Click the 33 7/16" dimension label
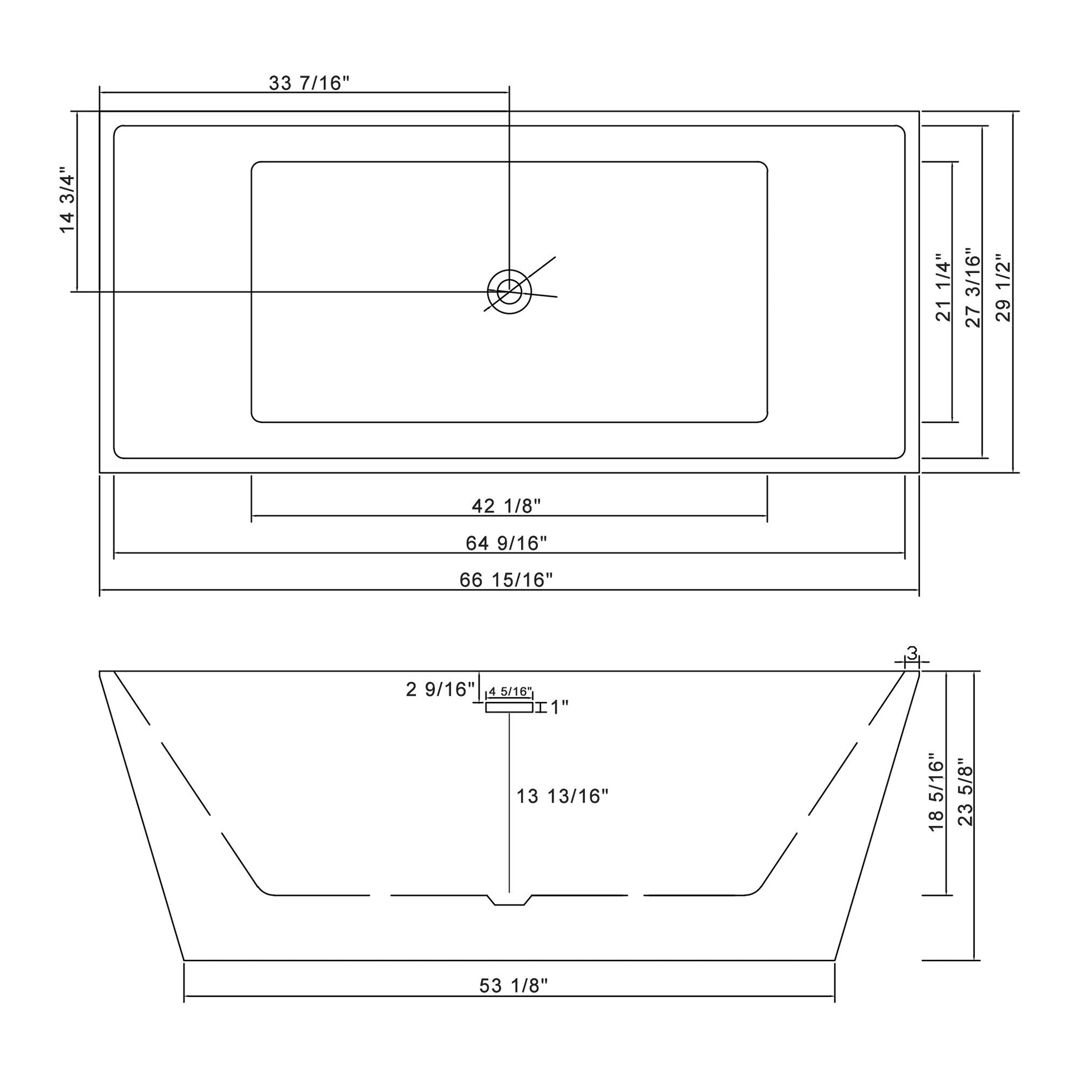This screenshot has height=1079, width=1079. tap(309, 83)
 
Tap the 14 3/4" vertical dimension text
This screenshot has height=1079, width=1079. tap(67, 200)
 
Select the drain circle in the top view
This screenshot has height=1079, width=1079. tap(509, 292)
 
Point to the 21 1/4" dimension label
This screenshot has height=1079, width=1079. tap(943, 288)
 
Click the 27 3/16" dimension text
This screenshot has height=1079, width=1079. tap(973, 288)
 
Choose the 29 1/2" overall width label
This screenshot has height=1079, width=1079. tap(1004, 288)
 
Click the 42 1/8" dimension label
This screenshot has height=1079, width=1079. tap(506, 506)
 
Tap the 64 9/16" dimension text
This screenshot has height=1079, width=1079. tap(506, 543)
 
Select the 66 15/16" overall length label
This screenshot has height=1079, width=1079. tap(506, 581)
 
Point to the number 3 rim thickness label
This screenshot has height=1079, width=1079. tap(912, 653)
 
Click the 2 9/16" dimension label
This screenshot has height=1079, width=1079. tap(440, 690)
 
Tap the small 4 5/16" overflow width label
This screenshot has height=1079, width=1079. tap(510, 692)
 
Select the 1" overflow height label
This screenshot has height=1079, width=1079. tap(559, 708)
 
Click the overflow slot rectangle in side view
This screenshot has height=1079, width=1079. tap(509, 708)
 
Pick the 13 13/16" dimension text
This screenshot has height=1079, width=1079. tap(561, 796)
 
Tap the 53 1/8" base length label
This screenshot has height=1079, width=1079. tap(513, 1002)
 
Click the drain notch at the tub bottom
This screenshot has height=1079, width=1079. tap(510, 900)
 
